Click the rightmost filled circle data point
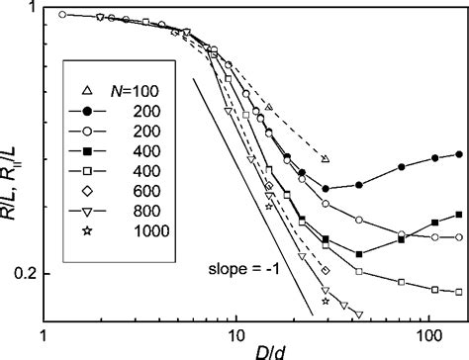point(460,154)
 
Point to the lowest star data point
point(326,301)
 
